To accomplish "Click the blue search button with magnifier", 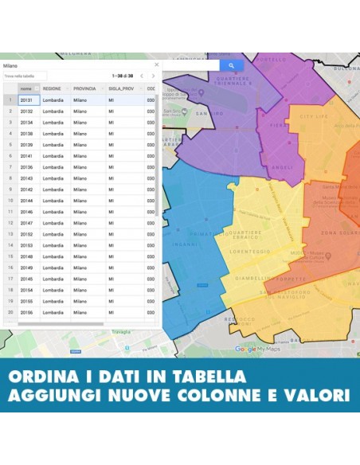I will click(231, 65).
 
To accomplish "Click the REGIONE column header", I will click(53, 88).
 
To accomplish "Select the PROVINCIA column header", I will click(84, 88).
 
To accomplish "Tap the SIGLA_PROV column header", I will click(121, 88).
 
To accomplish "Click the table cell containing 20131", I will click(26, 100).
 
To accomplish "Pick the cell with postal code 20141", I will click(26, 156).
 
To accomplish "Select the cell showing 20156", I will click(26, 313).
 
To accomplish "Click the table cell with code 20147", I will click(26, 224).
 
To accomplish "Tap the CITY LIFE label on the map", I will click(313, 117).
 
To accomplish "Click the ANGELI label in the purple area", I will click(283, 167).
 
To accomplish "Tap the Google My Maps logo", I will click(257, 349).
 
